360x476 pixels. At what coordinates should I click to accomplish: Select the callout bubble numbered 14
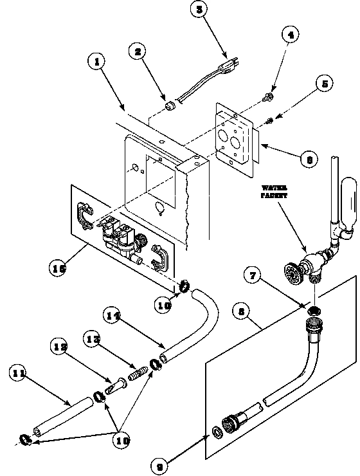pyautogui.click(x=113, y=315)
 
